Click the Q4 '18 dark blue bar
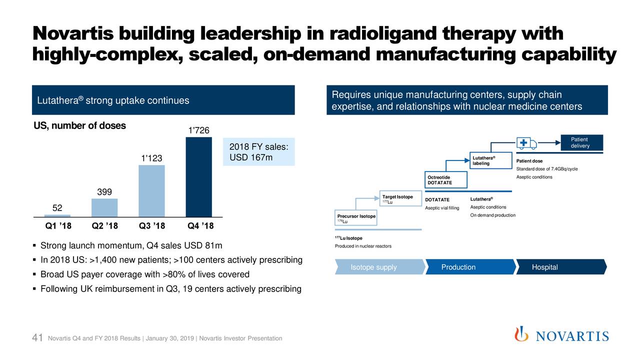tap(198, 177)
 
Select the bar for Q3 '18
tap(151, 191)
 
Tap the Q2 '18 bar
tap(104, 207)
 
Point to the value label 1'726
tap(198, 131)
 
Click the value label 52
tap(57, 208)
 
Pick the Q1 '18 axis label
tap(58, 225)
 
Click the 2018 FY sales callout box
tap(258, 152)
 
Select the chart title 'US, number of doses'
tap(79, 125)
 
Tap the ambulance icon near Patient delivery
tap(526, 142)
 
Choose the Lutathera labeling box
tap(491, 161)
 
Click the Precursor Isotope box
tap(356, 218)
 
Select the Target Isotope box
tap(397, 199)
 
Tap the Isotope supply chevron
tap(374, 267)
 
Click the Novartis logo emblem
tap(521, 334)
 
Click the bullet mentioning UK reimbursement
tap(170, 289)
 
